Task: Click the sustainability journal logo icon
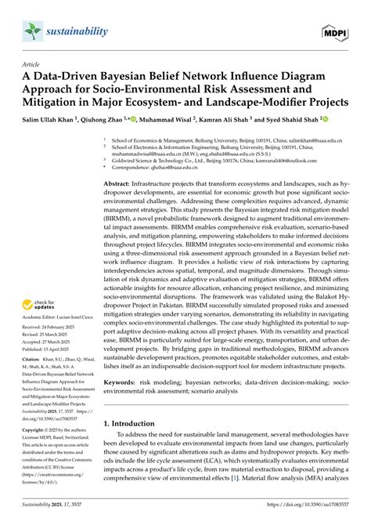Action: [29, 29]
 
